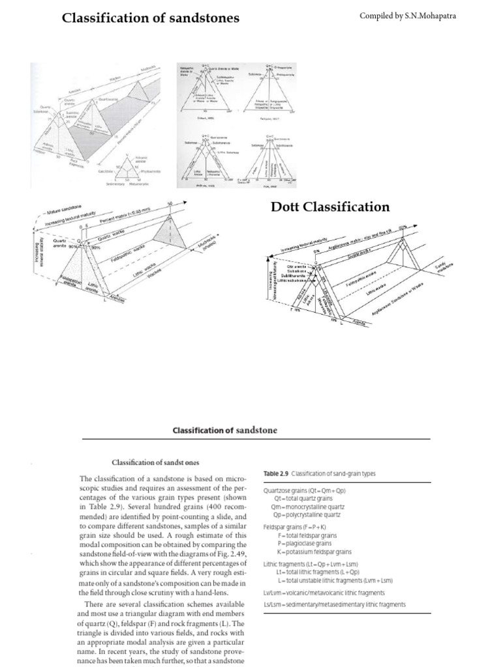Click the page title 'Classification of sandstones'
150,18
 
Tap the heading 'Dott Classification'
330,206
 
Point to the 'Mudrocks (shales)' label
211,248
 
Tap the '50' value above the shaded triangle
170,204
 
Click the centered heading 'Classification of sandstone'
224,430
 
